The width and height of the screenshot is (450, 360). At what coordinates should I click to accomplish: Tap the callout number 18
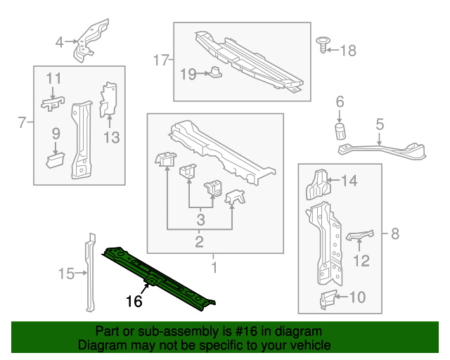tap(349, 50)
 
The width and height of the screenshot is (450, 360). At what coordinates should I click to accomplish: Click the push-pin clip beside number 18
tap(324, 44)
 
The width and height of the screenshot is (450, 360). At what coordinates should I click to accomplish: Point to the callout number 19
tap(188, 74)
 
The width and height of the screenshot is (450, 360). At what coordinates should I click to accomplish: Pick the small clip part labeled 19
tap(214, 72)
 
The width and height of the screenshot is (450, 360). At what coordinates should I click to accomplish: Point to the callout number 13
tap(112, 137)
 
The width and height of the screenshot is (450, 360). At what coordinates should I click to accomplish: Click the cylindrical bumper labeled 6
tap(340, 131)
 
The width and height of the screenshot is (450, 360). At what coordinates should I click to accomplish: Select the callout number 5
tap(380, 124)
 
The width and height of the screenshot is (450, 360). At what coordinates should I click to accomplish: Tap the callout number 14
tap(349, 181)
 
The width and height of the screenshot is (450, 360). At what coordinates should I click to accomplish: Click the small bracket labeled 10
tap(327, 300)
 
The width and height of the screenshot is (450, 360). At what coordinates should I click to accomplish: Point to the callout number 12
tap(361, 262)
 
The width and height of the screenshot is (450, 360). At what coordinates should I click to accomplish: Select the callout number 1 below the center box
tap(214, 266)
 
